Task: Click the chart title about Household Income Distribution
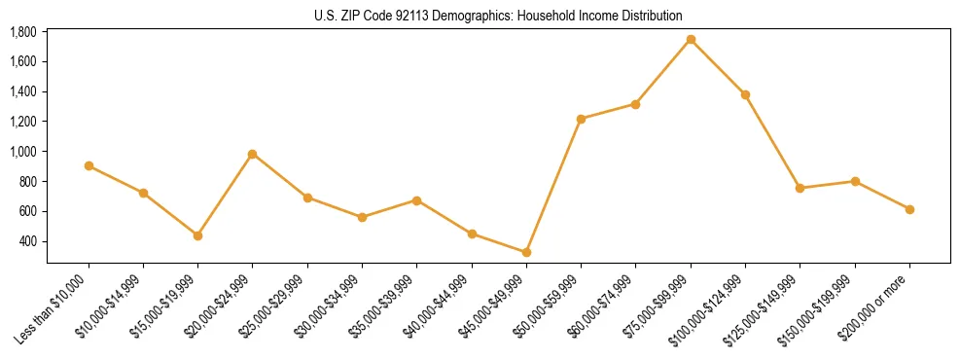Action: click(x=498, y=16)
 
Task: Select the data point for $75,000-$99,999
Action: click(x=691, y=39)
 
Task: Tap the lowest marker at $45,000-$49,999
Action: click(x=526, y=252)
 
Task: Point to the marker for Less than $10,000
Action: click(x=89, y=165)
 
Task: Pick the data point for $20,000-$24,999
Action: click(x=253, y=154)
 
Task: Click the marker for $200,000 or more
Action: click(x=909, y=209)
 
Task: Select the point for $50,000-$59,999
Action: click(x=581, y=119)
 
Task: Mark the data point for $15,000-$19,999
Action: click(x=197, y=235)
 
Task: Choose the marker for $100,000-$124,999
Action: click(x=745, y=94)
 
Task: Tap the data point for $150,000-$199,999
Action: click(x=855, y=181)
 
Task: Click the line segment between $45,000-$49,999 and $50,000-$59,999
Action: click(x=553, y=185)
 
